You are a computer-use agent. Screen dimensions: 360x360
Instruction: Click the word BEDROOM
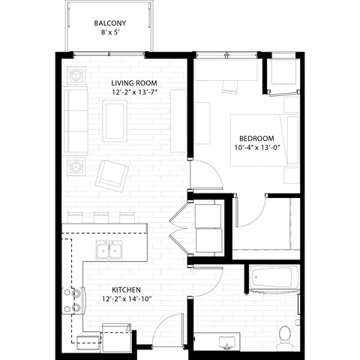[256, 138]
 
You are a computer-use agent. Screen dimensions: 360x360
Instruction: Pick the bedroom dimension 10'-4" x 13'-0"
[256, 148]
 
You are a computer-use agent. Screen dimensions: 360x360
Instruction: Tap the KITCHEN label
[127, 289]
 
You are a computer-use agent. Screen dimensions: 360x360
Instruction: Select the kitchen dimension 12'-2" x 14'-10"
[127, 299]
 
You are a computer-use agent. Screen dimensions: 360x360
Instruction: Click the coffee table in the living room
[115, 121]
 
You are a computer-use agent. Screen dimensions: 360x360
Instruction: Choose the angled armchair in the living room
[112, 175]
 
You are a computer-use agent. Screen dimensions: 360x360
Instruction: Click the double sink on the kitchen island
[109, 250]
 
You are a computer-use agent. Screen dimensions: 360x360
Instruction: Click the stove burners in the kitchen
[75, 300]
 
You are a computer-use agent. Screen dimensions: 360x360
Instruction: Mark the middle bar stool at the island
[103, 217]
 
